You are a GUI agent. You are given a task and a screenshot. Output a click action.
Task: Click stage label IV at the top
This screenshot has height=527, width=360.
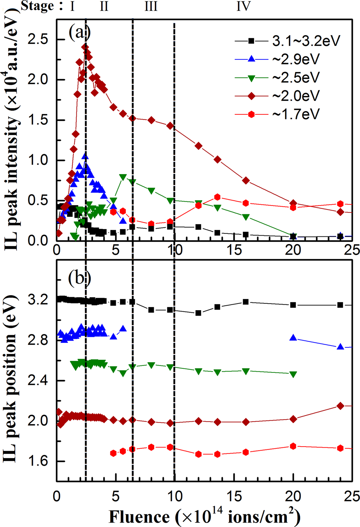[x=243, y=6]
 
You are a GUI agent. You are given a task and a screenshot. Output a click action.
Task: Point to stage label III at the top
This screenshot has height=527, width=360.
[x=151, y=6]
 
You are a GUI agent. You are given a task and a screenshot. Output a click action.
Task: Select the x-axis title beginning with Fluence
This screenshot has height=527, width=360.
[x=204, y=516]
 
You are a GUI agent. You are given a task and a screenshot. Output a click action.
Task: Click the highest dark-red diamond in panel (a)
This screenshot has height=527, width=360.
[x=85, y=47]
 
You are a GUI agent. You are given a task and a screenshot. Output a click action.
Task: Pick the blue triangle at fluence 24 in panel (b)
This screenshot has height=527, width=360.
[x=340, y=346]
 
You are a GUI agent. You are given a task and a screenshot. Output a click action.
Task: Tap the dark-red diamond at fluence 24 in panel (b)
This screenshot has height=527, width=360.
[x=340, y=406]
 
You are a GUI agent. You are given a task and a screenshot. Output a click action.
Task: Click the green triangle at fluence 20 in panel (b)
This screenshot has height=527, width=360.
[x=293, y=374]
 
